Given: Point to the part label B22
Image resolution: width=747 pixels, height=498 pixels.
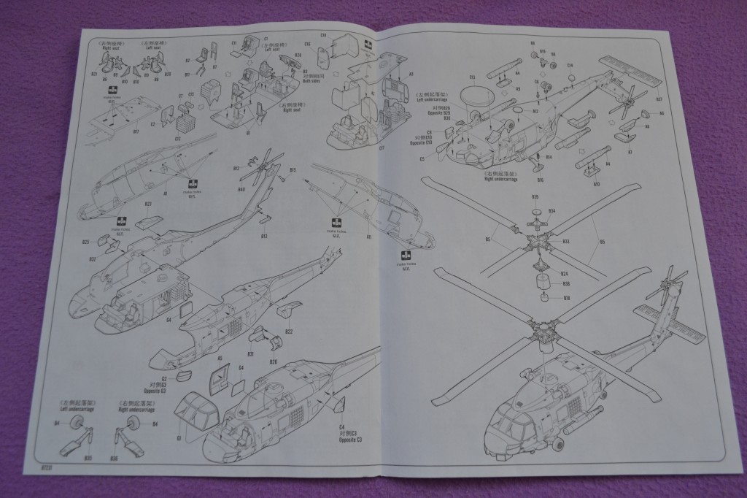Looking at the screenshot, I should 289,332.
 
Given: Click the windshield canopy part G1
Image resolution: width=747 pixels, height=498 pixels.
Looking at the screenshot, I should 197,414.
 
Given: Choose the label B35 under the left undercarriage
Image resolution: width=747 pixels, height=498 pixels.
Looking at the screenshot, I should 88,458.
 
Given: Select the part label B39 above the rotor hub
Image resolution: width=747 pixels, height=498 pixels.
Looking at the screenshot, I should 535,197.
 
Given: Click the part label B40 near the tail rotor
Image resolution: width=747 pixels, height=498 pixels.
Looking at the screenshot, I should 240,191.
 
